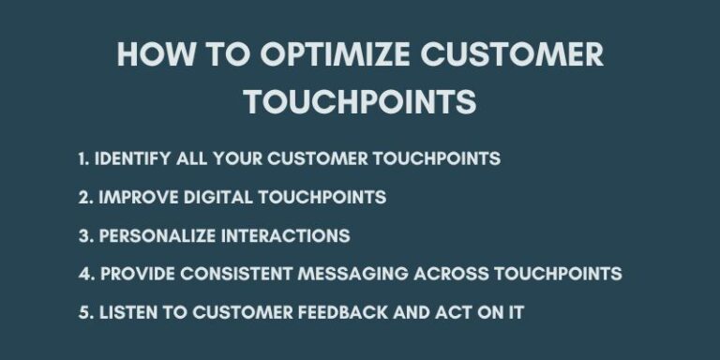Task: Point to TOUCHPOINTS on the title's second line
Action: point(360,101)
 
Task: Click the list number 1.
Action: point(82,158)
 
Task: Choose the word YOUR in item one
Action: point(237,158)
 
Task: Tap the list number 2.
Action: point(83,197)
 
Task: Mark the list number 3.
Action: point(83,235)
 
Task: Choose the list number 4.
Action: point(83,274)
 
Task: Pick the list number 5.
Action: point(83,312)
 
